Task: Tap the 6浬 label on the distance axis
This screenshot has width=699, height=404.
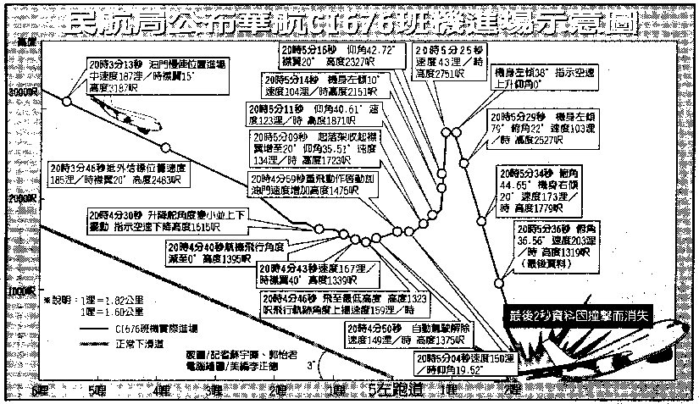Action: (x=39, y=390)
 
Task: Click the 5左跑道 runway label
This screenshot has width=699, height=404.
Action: (x=391, y=390)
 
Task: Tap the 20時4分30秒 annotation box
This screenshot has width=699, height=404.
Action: (x=153, y=220)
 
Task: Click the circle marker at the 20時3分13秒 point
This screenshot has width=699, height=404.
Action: (x=67, y=101)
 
